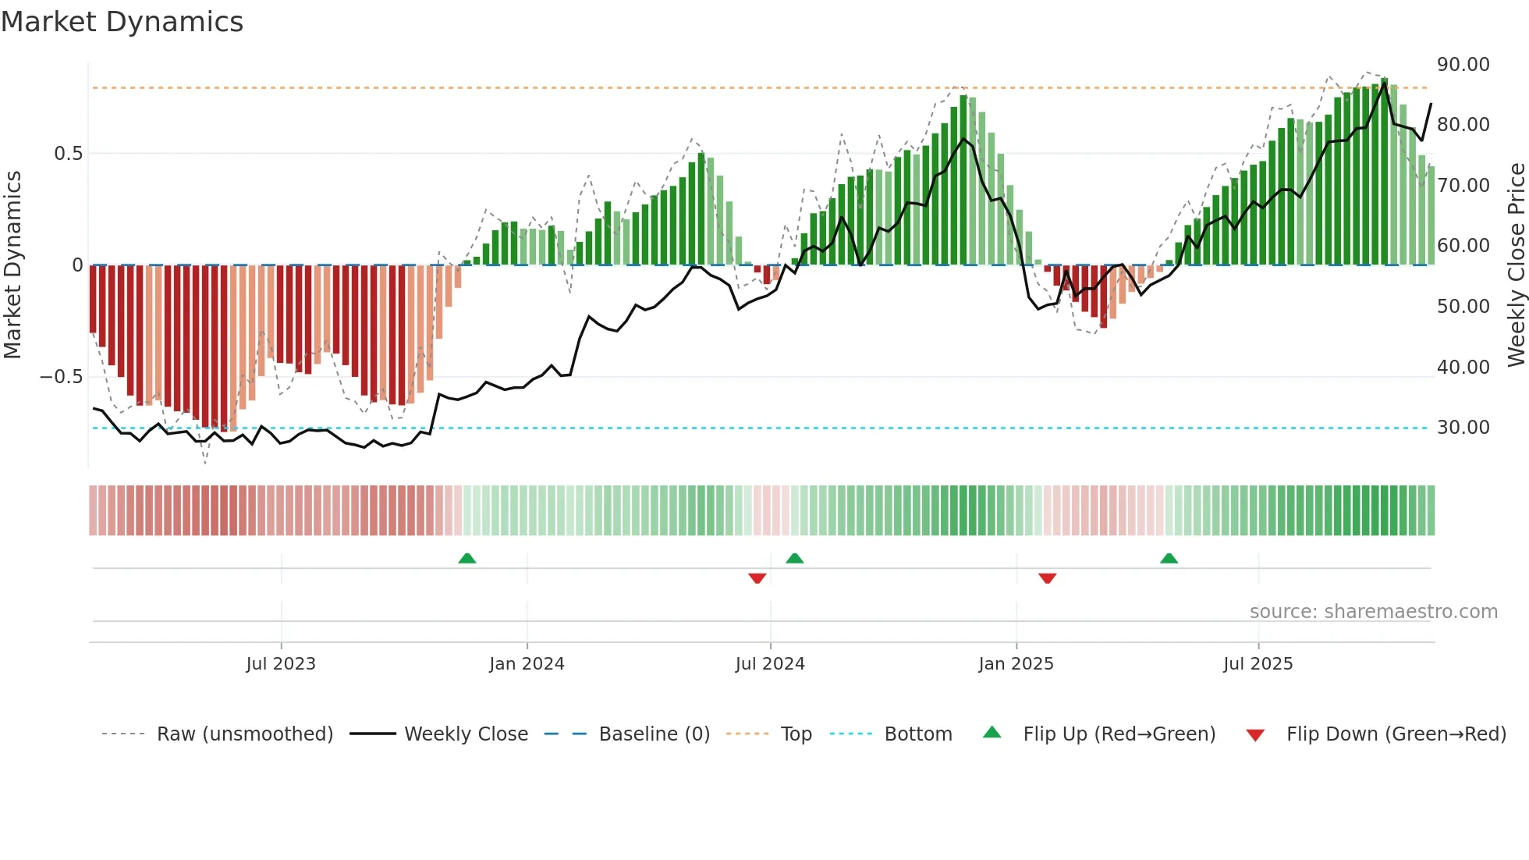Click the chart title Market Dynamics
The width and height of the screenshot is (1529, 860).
(x=122, y=22)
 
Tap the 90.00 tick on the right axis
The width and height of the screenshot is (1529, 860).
(x=1463, y=65)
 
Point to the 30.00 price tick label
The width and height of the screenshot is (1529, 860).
(x=1463, y=428)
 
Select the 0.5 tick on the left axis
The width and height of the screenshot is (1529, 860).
(x=69, y=154)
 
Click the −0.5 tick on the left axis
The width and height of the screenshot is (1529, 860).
(x=62, y=377)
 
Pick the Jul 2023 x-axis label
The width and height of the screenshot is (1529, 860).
(x=281, y=664)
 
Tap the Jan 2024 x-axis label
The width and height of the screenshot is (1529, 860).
(x=527, y=664)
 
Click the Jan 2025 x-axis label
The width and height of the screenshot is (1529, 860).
(x=1016, y=664)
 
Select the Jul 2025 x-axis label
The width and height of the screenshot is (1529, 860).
(x=1258, y=664)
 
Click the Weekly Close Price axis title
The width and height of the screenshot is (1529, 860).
(x=1516, y=265)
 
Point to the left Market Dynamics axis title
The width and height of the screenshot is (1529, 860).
(x=12, y=265)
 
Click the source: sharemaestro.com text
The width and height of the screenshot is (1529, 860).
(x=1373, y=612)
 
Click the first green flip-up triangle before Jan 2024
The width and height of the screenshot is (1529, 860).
(x=467, y=558)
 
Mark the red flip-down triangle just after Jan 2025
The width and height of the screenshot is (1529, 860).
(x=1047, y=578)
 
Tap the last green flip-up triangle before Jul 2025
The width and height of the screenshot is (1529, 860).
(x=1169, y=558)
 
